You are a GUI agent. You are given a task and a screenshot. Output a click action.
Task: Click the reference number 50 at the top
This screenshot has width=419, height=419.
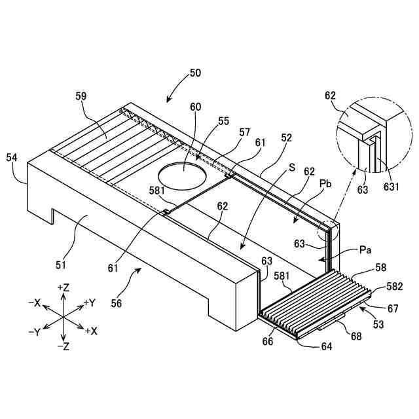pyautogui.click(x=194, y=73)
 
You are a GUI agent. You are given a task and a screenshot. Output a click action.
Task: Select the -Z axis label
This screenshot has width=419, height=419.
pyautogui.click(x=64, y=346)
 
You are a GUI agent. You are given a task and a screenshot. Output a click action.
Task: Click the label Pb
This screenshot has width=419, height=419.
pyautogui.click(x=325, y=184)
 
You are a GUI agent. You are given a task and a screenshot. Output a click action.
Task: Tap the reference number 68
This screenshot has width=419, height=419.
pyautogui.click(x=355, y=337)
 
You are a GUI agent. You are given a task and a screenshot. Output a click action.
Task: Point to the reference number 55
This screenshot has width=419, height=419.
pyautogui.click(x=224, y=121)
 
